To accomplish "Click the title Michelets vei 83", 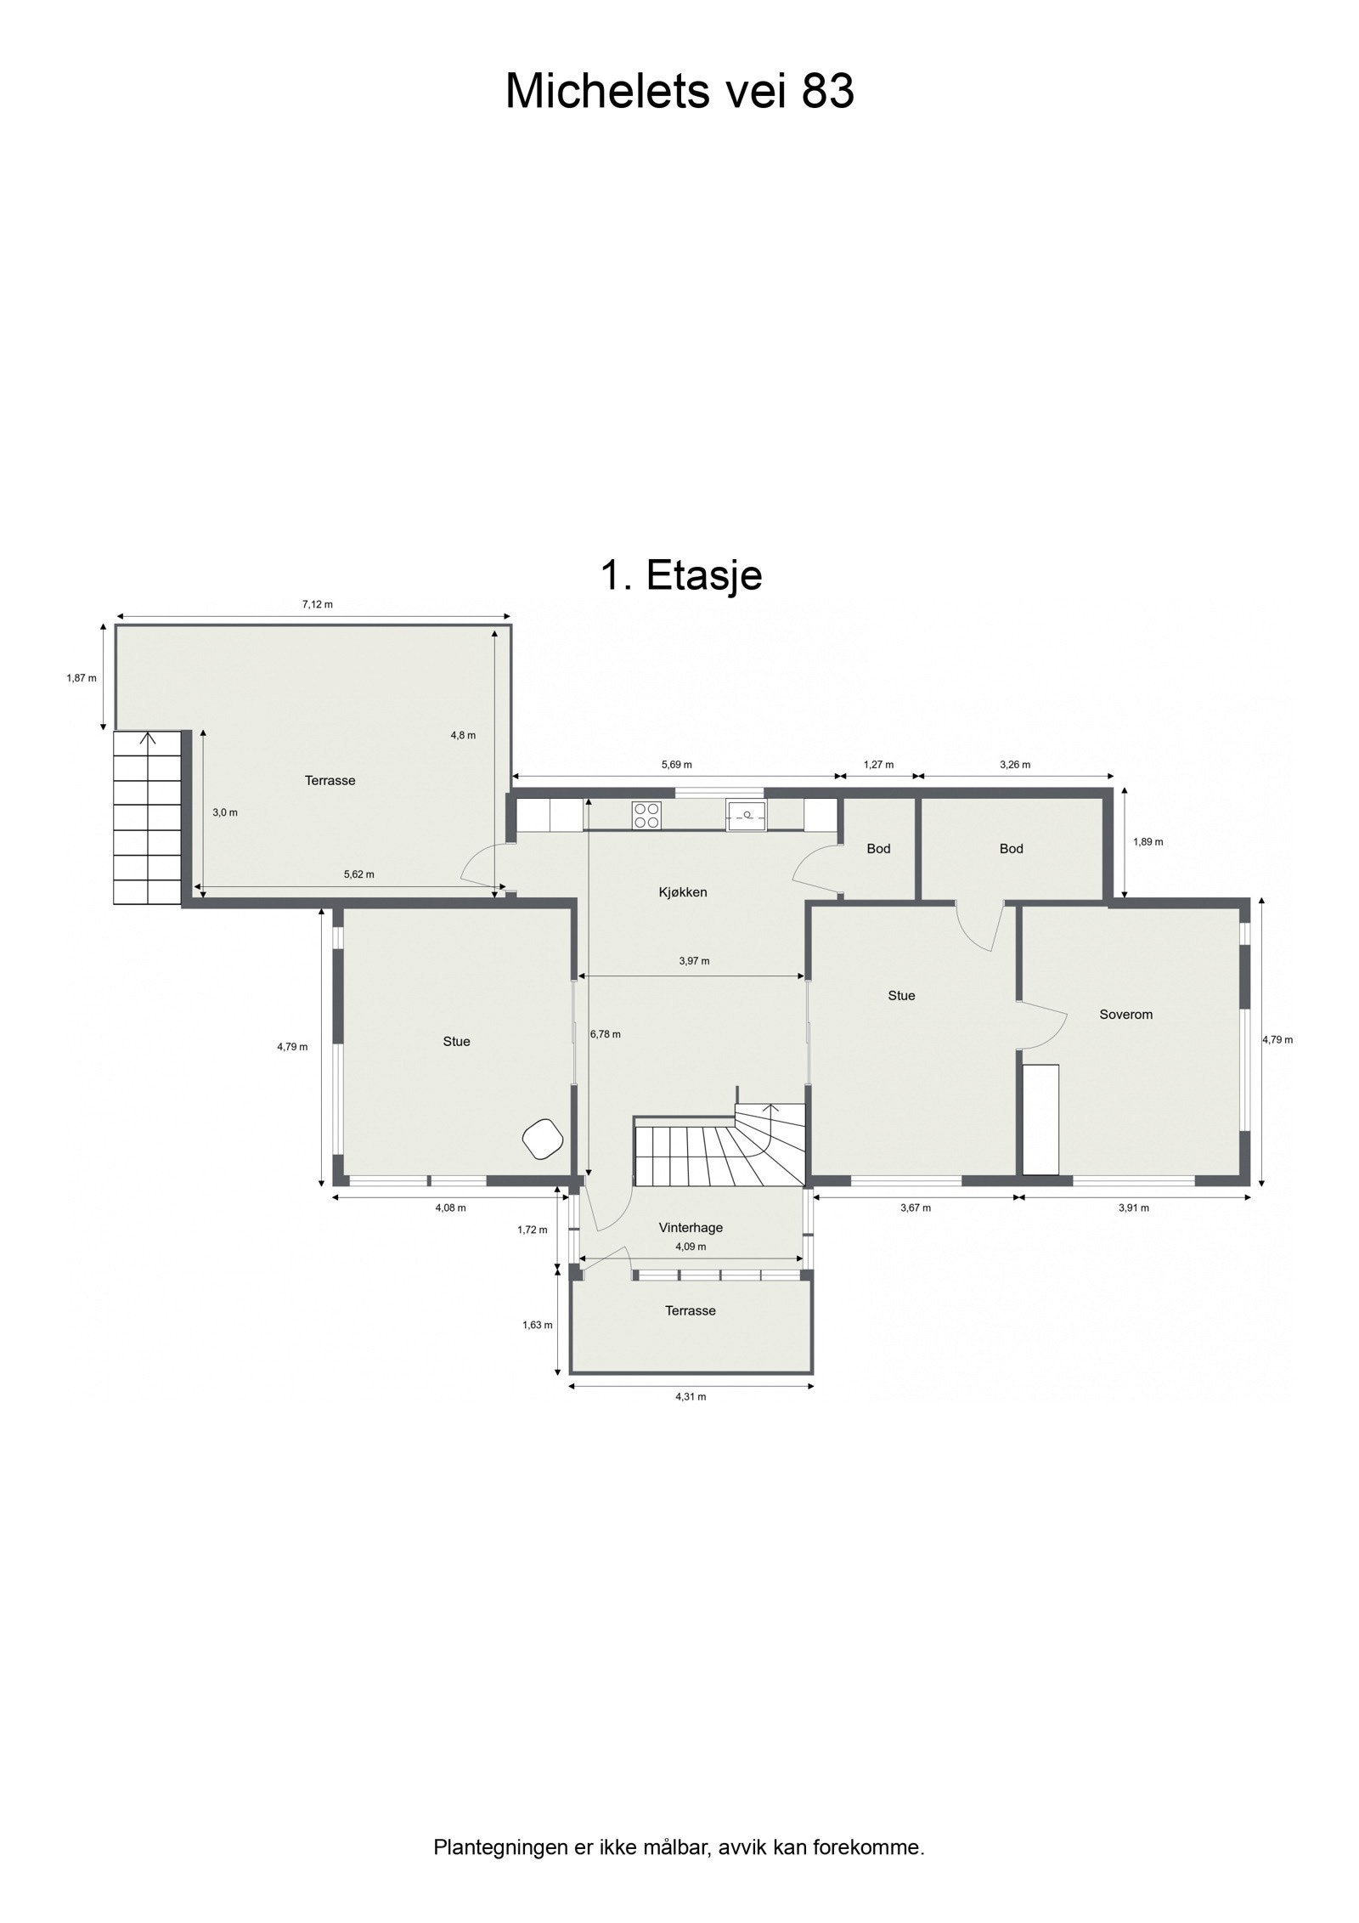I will [x=679, y=92].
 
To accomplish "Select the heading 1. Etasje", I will [x=680, y=575].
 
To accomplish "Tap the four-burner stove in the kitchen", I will [x=646, y=815].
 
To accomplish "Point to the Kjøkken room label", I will [x=682, y=892].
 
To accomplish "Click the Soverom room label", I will [x=1125, y=1014].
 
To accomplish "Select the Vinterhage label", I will [x=691, y=1227].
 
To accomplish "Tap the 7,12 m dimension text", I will [x=317, y=604].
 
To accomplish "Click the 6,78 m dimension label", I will [x=605, y=1034].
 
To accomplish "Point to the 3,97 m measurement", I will [x=694, y=961].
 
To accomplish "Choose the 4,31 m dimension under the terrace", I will [x=691, y=1396].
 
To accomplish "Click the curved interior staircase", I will [x=722, y=1147].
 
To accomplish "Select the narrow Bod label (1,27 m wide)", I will [x=878, y=848].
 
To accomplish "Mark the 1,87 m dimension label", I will [x=82, y=678].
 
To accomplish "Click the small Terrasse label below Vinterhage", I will [x=690, y=1310].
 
